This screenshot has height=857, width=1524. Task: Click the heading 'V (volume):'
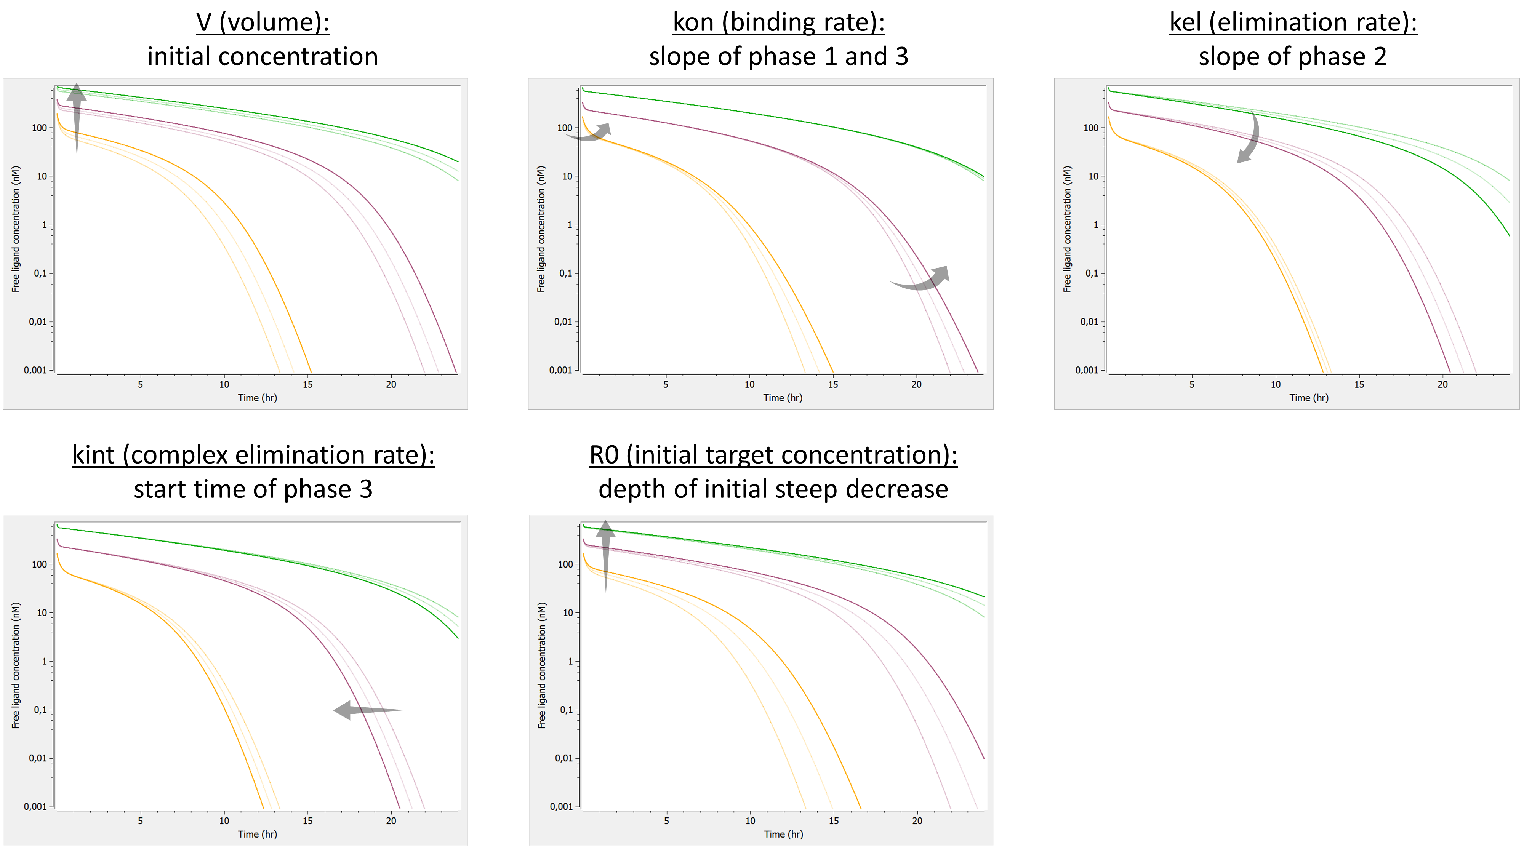263,22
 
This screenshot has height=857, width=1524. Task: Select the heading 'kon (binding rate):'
778,22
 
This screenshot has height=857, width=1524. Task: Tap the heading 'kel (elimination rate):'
1293,22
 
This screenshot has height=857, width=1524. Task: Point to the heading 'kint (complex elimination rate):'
253,455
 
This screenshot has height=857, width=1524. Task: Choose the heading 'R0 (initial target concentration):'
773,455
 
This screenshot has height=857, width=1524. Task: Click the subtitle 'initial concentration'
263,57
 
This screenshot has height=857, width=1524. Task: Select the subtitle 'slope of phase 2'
1293,57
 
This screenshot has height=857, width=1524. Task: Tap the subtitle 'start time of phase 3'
253,489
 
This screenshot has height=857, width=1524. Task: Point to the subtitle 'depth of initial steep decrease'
773,489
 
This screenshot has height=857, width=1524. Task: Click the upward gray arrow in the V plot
76,118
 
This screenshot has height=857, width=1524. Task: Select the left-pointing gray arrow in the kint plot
367,709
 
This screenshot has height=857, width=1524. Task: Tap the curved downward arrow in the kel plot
1250,139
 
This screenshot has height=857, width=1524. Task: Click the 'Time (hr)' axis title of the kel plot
1309,397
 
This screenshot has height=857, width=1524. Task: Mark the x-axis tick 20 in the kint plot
391,820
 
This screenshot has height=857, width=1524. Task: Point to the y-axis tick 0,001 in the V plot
35,370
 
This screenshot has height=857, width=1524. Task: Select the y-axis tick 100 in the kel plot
1090,128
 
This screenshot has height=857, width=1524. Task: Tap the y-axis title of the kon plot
541,229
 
